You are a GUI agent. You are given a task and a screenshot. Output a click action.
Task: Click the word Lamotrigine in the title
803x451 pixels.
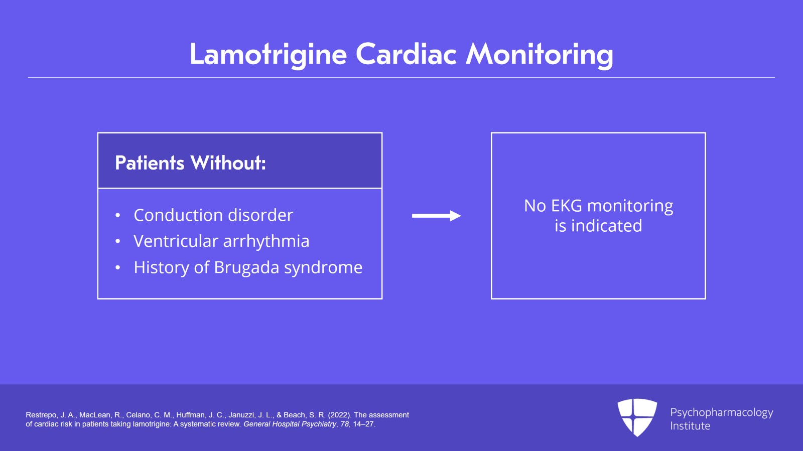(268, 54)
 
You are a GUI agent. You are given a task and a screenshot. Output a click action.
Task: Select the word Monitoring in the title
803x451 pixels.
(540, 54)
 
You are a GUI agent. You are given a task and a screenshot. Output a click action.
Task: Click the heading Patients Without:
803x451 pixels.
(190, 163)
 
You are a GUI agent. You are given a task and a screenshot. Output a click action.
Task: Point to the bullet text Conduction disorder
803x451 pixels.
(213, 215)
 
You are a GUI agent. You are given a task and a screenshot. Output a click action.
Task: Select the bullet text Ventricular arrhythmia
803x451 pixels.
(221, 241)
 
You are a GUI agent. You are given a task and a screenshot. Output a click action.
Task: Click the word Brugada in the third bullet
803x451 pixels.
(246, 268)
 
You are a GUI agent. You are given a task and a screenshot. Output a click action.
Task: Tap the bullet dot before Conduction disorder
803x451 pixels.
(118, 216)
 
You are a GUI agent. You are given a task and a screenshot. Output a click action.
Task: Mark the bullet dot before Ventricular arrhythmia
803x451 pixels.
(118, 242)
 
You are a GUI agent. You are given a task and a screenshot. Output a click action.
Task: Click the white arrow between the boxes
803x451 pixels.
(436, 216)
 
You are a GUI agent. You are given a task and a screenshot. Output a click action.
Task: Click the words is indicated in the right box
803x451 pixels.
(598, 226)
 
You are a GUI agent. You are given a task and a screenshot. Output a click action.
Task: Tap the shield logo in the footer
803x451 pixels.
(637, 417)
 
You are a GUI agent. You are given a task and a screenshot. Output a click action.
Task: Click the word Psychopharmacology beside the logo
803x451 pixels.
(721, 412)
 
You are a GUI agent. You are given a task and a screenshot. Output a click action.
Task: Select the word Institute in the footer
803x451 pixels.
(690, 426)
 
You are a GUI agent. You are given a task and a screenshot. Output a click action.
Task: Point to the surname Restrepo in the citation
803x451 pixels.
(41, 415)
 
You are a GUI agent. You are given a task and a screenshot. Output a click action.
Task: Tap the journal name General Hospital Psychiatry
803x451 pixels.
(290, 424)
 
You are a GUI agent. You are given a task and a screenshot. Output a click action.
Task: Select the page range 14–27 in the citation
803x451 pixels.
(363, 424)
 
